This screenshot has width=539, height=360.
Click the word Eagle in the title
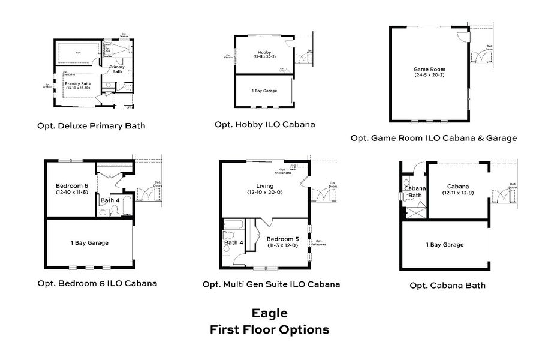[269, 313]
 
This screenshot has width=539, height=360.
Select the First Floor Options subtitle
[269, 329]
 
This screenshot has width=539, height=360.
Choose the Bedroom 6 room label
[72, 185]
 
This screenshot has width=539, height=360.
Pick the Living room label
[264, 186]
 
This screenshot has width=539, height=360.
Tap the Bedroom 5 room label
[282, 239]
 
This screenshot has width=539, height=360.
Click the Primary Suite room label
[78, 83]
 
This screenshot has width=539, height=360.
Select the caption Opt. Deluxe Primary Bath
[89, 126]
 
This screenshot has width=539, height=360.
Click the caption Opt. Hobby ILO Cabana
[264, 124]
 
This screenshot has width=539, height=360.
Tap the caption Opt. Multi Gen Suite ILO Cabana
[272, 284]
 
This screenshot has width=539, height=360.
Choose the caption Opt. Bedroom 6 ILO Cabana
[97, 283]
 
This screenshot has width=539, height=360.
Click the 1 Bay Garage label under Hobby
[264, 91]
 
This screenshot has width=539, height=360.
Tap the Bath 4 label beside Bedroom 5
[234, 242]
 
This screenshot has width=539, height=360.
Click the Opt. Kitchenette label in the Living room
[282, 171]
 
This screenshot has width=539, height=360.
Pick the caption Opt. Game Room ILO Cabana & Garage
[433, 138]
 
